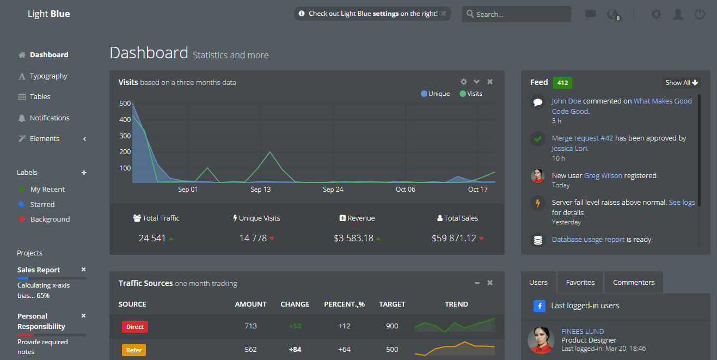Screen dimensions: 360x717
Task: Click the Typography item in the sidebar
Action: pos(48,76)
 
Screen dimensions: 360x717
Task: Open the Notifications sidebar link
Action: pos(50,118)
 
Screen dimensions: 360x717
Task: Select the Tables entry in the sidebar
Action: pos(40,96)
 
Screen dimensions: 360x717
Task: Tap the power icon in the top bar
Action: pos(700,14)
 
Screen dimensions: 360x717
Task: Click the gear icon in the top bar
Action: pos(656,14)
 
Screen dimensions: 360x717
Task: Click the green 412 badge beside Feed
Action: pos(562,83)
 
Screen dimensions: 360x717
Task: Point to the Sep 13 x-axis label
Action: pos(260,190)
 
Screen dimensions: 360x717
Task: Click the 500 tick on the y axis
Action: pos(125,103)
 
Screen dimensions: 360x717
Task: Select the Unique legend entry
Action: pos(436,94)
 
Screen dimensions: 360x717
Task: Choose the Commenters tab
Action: pos(634,283)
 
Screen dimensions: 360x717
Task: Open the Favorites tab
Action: pos(580,283)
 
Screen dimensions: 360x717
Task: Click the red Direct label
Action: pos(135,327)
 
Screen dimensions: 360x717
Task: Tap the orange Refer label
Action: pos(134,350)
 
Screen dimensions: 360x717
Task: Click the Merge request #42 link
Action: pos(582,138)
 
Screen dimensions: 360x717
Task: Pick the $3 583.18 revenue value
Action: pos(353,238)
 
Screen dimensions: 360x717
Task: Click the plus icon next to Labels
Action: pos(84,173)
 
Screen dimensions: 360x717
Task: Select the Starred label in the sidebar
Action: pos(42,204)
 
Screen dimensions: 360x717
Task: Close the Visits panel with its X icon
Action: pos(490,82)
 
